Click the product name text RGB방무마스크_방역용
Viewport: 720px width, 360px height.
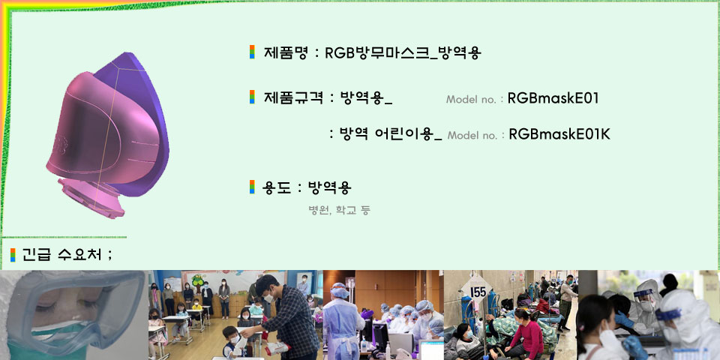tap(403, 52)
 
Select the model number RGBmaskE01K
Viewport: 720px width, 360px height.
tap(559, 134)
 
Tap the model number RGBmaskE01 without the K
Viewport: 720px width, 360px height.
tap(553, 98)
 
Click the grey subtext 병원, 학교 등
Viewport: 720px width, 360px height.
tap(339, 210)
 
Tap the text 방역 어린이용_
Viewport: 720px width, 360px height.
tap(390, 134)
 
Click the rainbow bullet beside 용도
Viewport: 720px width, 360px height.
tap(252, 187)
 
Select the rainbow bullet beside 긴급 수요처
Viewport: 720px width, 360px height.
tap(13, 255)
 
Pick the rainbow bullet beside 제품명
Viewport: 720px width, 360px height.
tap(252, 52)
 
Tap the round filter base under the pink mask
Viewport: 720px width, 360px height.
tap(91, 198)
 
